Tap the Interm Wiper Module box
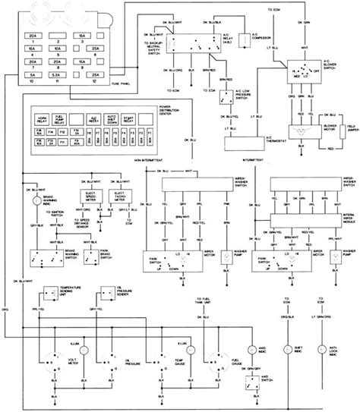pyautogui.click(x=304, y=218)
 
